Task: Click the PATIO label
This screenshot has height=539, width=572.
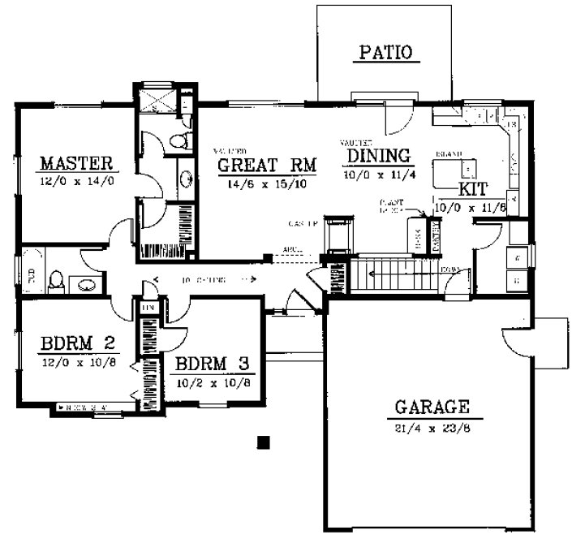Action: click(x=385, y=54)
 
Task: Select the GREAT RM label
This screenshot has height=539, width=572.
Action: click(x=267, y=166)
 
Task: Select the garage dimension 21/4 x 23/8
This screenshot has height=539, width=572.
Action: click(x=432, y=428)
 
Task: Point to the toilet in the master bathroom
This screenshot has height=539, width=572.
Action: click(x=180, y=140)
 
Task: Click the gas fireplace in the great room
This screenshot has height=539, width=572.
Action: click(x=339, y=235)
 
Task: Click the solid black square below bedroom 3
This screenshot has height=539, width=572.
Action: click(x=262, y=442)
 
